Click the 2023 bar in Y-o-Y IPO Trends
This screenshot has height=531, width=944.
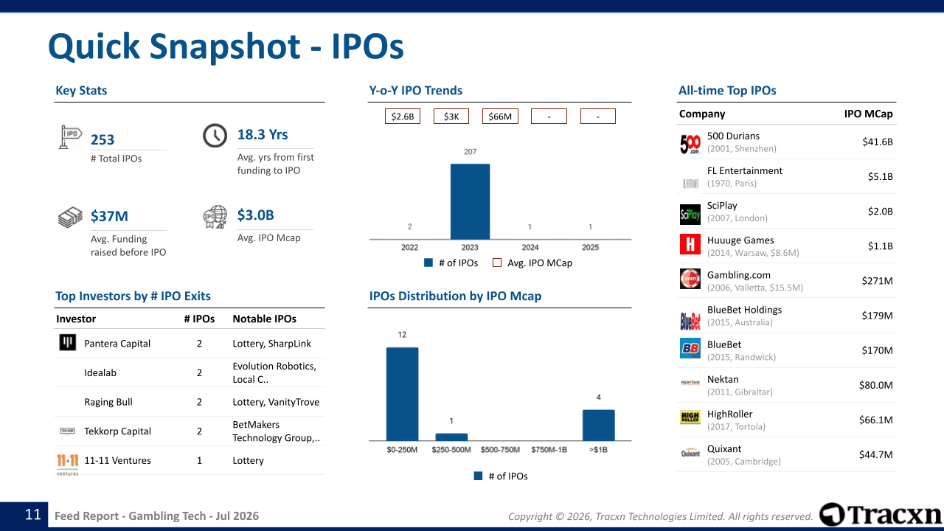(470, 201)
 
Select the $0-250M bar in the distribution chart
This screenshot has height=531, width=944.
(402, 394)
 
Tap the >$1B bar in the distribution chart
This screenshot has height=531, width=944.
(598, 426)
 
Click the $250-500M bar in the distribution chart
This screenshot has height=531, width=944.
(451, 437)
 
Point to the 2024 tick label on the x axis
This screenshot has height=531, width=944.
(530, 247)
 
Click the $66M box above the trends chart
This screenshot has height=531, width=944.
(500, 117)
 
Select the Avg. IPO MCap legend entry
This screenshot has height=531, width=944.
(532, 263)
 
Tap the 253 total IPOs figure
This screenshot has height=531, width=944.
(103, 139)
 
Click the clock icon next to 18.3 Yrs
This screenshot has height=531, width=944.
(215, 136)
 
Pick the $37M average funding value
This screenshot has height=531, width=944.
(109, 216)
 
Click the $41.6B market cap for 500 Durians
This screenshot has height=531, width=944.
(878, 142)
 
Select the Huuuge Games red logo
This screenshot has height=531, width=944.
(690, 244)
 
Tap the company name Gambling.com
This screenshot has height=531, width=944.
(738, 275)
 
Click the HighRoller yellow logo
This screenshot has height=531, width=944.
(690, 417)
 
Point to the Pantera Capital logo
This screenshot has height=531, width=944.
(67, 342)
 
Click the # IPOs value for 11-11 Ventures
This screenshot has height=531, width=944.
(199, 460)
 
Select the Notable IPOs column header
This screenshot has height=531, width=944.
(264, 319)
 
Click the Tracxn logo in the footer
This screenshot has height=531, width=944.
(881, 515)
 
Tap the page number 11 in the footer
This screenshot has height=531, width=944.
(33, 515)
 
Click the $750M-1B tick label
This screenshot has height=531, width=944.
(549, 450)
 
